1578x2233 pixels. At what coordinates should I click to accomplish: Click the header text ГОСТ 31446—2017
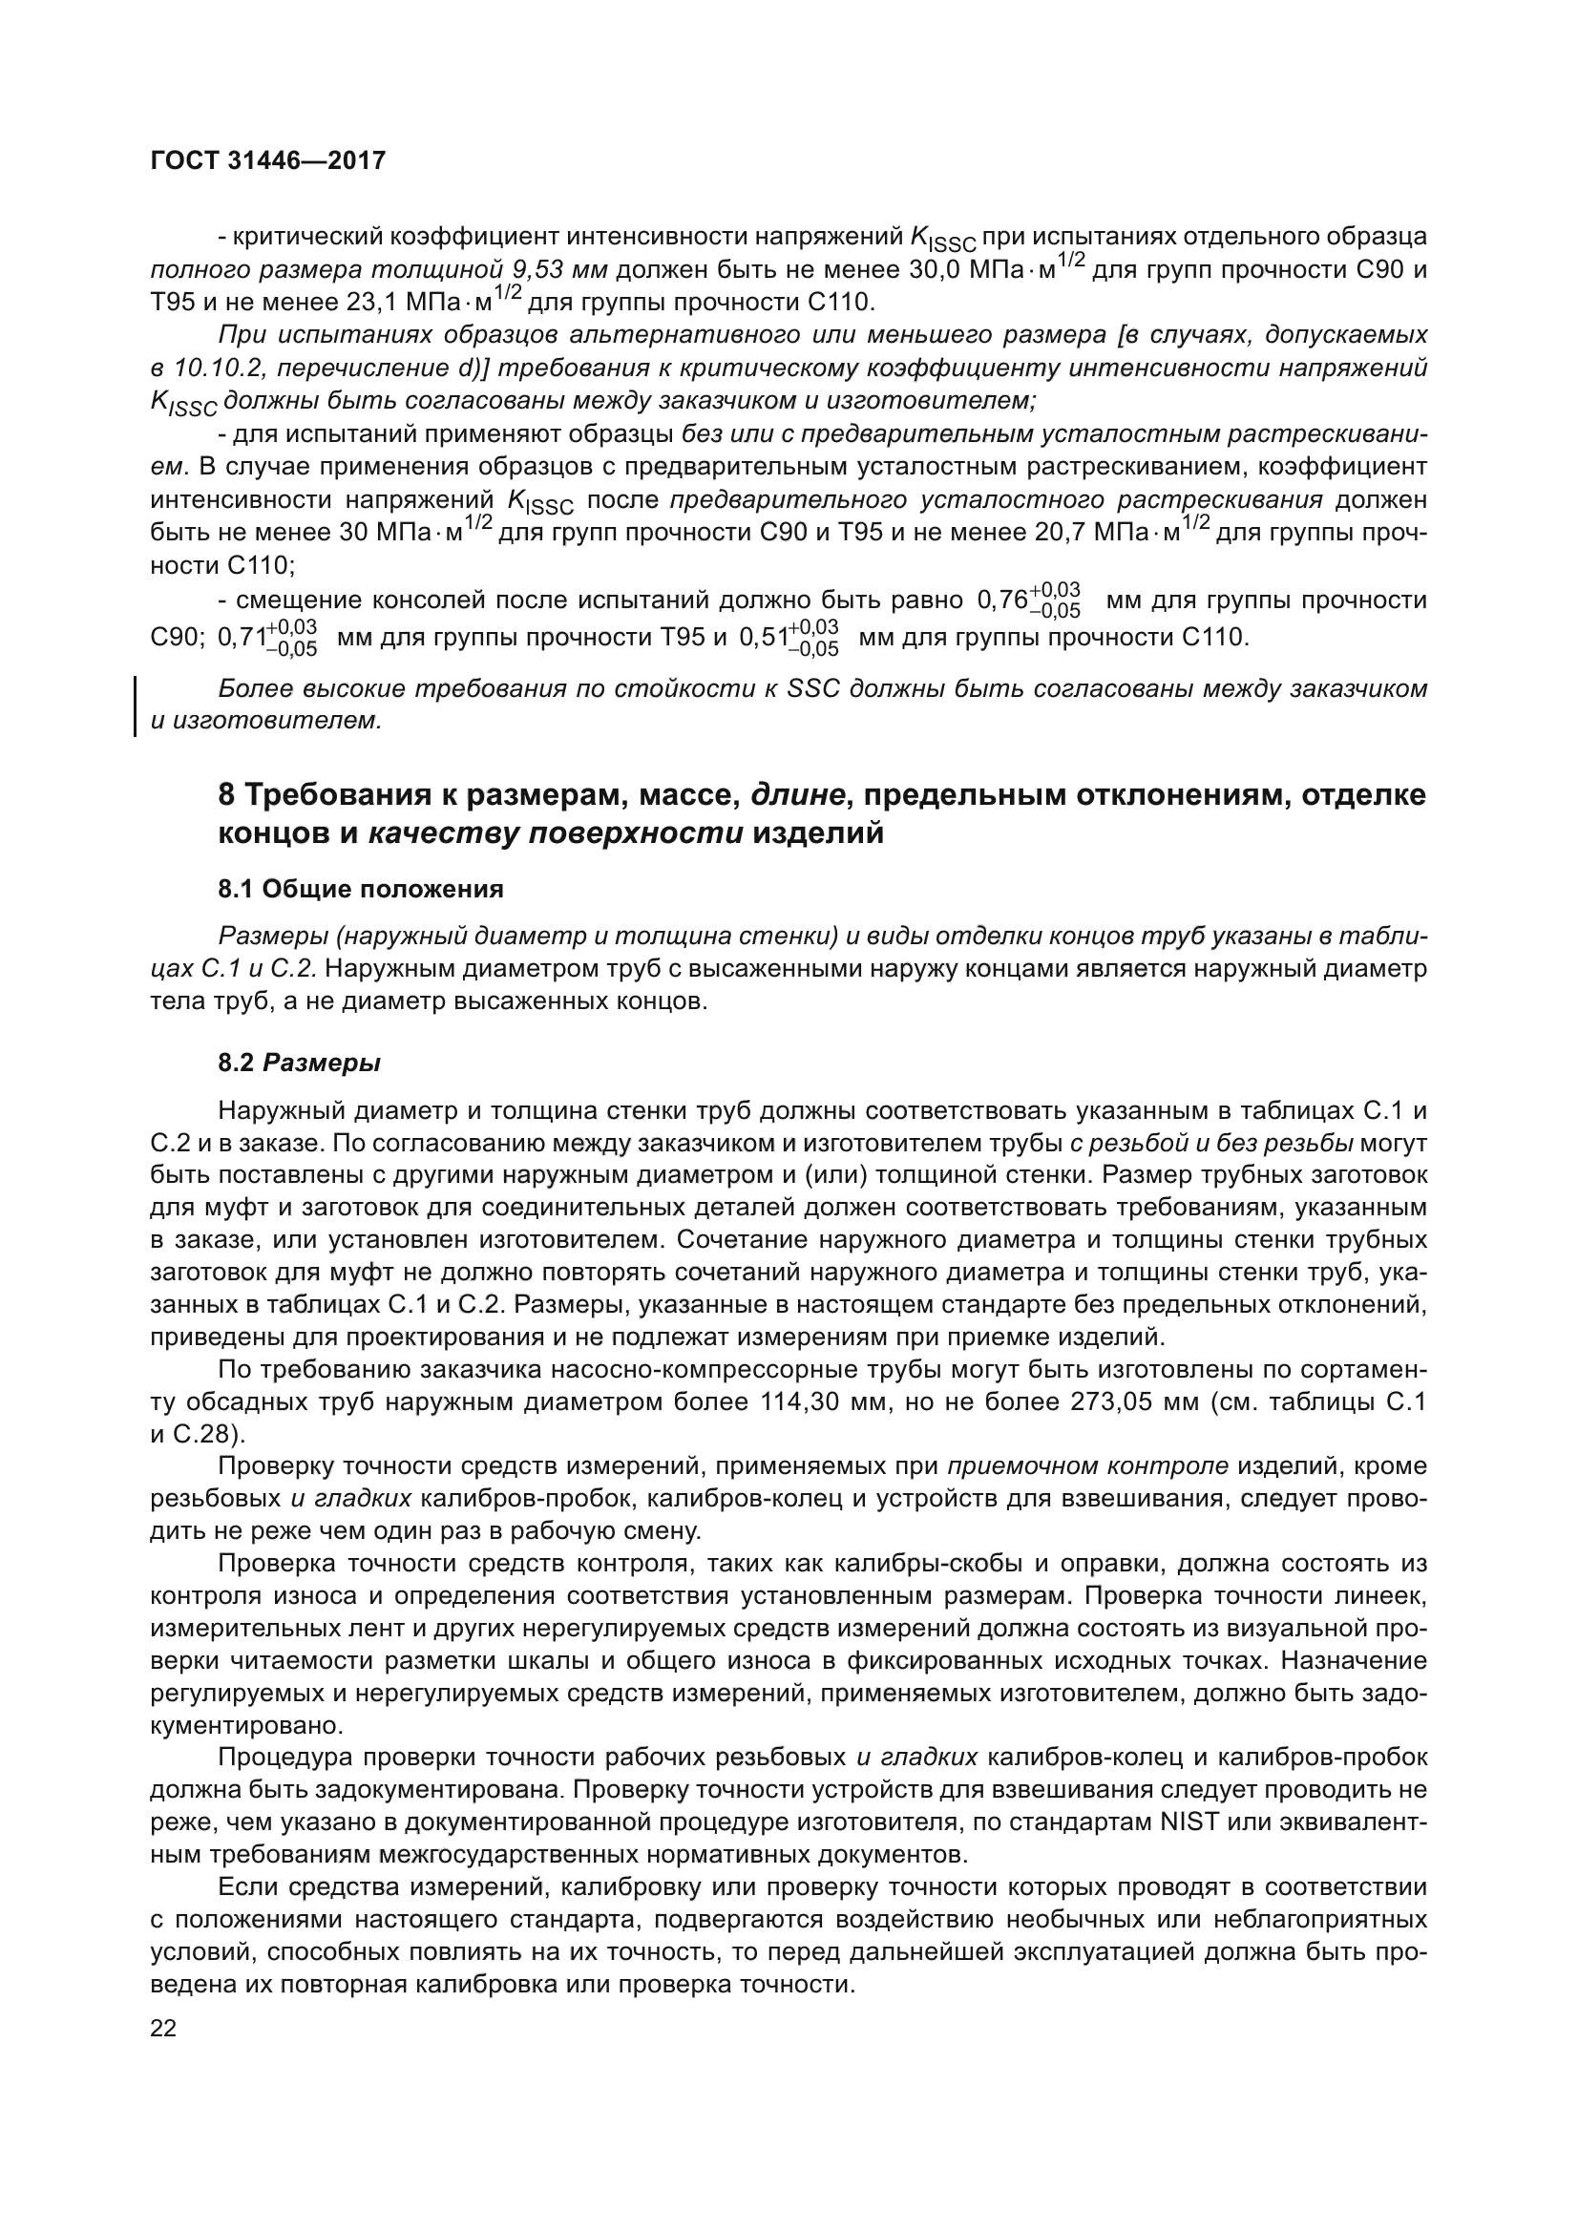(x=268, y=160)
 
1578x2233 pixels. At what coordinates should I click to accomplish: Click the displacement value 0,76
(x=1002, y=600)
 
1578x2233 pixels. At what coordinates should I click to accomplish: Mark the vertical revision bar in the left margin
(x=136, y=706)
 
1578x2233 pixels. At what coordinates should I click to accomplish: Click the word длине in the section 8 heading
(x=795, y=794)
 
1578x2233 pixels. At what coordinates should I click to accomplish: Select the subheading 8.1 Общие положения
(x=361, y=889)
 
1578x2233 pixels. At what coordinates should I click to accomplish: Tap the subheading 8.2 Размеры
(x=300, y=1063)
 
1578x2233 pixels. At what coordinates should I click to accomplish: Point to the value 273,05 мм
(x=1132, y=1402)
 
